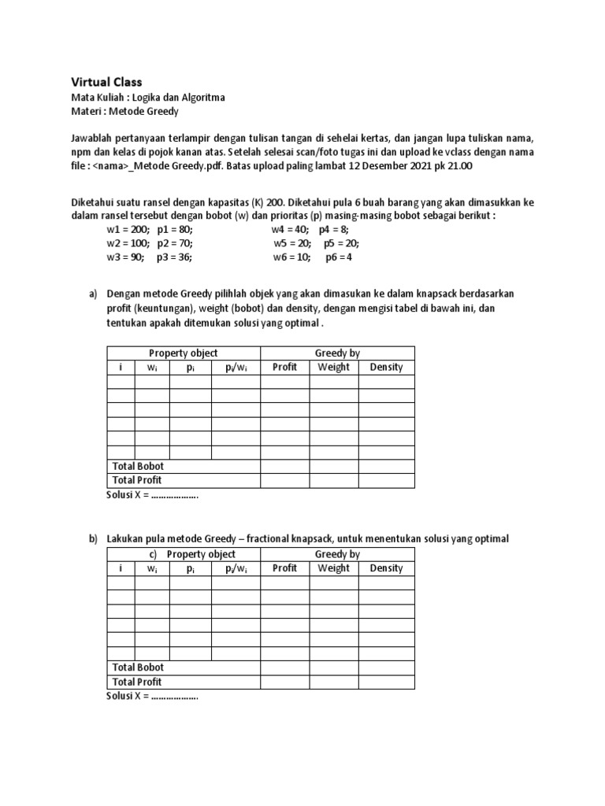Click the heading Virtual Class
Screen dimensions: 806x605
(x=106, y=82)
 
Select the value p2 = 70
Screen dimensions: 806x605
(x=173, y=243)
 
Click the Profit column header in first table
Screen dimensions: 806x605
(x=284, y=367)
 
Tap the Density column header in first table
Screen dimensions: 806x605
(x=386, y=367)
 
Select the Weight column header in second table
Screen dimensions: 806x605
(x=333, y=568)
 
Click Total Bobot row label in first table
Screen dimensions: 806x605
(x=138, y=466)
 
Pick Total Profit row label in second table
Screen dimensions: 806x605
(x=137, y=682)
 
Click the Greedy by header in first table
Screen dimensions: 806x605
(x=337, y=353)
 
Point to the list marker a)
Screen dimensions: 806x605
(x=93, y=294)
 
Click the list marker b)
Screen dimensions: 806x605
(x=93, y=539)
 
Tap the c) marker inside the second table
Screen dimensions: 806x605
(x=154, y=554)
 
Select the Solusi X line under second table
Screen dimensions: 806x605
(x=152, y=696)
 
